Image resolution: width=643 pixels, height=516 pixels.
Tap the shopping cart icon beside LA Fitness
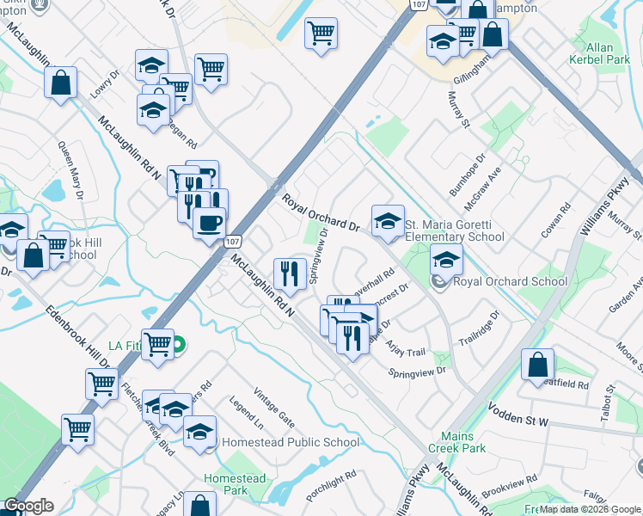(x=157, y=345)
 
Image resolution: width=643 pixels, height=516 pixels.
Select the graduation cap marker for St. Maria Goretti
(x=388, y=222)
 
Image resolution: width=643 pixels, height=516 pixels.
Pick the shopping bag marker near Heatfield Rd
(x=537, y=365)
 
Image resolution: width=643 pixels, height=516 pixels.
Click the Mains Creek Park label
(x=462, y=442)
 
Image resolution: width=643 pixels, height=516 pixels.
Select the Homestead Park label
(x=235, y=484)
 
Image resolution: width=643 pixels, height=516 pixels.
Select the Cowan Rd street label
(x=557, y=220)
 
